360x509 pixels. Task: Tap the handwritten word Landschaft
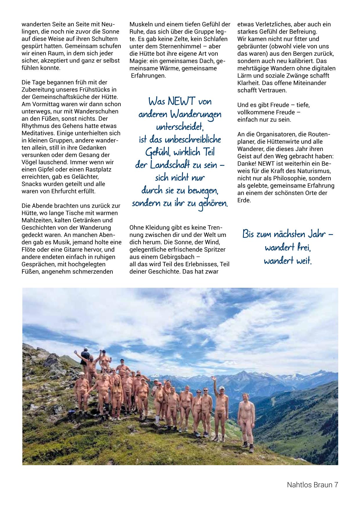click(x=167, y=165)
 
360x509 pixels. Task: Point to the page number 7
click(x=336, y=485)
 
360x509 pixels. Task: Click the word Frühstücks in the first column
click(x=88, y=89)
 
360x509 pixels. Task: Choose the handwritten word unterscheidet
click(x=180, y=127)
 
